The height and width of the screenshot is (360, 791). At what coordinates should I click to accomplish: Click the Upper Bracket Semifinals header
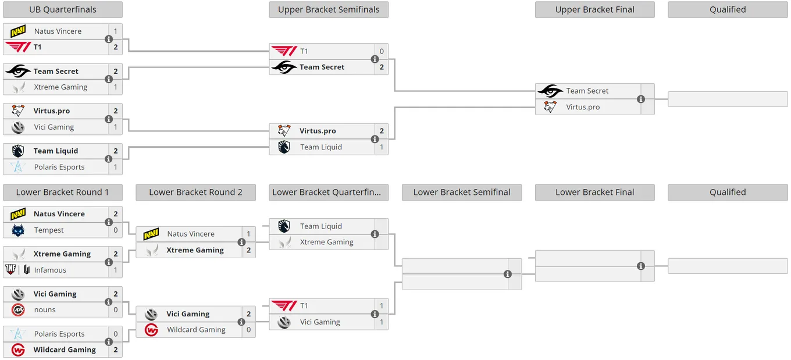[329, 9]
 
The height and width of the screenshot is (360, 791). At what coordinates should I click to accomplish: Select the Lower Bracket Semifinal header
[462, 193]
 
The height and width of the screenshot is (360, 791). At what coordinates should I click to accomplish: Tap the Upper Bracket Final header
[594, 9]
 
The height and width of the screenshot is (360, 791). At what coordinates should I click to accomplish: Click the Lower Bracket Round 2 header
[195, 193]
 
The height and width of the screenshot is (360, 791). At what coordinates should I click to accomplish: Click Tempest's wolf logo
[18, 230]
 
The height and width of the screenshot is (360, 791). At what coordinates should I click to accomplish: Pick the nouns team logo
[18, 310]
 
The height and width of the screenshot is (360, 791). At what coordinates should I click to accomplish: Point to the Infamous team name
[50, 270]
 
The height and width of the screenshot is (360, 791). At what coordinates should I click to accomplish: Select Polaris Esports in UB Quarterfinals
[59, 167]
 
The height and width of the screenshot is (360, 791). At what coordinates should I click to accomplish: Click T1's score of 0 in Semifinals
[382, 51]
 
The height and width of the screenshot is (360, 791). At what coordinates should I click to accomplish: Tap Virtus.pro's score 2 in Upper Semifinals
[382, 131]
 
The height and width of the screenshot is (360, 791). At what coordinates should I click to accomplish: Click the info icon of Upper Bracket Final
[641, 99]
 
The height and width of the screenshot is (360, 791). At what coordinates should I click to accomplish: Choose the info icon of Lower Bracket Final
[641, 266]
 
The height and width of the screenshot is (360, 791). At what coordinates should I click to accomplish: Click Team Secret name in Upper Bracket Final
[587, 91]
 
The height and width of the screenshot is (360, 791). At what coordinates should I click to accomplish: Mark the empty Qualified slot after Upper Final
[728, 99]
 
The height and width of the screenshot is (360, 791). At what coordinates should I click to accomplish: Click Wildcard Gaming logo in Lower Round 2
[151, 330]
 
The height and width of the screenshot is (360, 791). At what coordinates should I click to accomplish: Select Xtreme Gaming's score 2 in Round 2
[248, 250]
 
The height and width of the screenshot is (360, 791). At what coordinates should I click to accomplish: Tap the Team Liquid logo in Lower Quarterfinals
[284, 226]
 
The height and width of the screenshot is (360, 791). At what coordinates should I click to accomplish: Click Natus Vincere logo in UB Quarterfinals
[18, 31]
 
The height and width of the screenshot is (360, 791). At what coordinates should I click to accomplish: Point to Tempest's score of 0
[116, 230]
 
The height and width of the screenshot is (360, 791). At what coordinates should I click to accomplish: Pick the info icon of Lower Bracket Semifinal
[507, 275]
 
